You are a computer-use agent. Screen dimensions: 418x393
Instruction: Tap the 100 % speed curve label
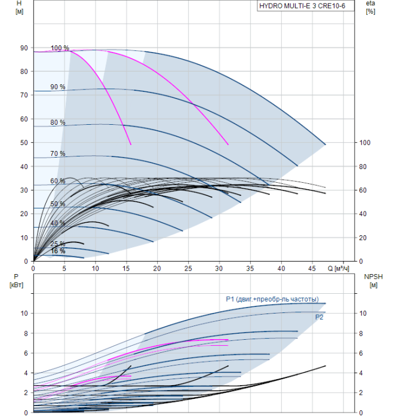[x=60, y=48]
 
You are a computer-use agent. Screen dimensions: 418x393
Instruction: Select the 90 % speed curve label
[x=58, y=87]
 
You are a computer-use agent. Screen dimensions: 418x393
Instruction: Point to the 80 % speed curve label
[x=58, y=122]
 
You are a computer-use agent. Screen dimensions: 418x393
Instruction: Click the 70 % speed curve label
[x=58, y=153]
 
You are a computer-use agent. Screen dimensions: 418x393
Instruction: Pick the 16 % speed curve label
[x=58, y=251]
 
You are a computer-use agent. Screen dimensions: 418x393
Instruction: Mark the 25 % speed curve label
[x=58, y=244]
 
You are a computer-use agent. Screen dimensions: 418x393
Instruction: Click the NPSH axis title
[x=371, y=276]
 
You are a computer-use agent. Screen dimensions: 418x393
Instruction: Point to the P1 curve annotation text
[x=272, y=299]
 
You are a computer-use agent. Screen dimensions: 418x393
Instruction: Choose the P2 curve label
[x=320, y=318]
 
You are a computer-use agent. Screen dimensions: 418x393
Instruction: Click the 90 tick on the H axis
[x=24, y=48]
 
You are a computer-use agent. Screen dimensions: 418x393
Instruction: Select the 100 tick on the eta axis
[x=365, y=143]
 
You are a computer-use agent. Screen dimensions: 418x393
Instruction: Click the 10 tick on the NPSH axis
[x=364, y=314]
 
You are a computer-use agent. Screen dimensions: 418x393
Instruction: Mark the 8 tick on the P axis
[x=25, y=333]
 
